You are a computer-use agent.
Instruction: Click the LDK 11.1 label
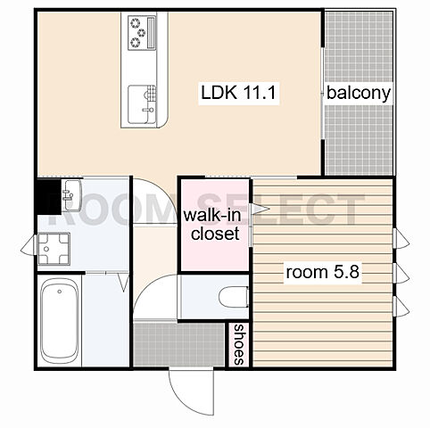(x=239, y=93)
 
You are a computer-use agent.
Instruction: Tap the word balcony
(x=359, y=93)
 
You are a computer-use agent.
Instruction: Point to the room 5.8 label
(x=323, y=272)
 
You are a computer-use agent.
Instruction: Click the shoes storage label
(x=239, y=345)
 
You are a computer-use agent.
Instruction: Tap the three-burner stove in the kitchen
(x=142, y=33)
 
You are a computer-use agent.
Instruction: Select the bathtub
(x=59, y=321)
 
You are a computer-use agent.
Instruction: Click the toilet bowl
(x=234, y=297)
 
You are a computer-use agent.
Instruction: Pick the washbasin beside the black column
(x=71, y=195)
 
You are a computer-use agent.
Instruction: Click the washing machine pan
(x=54, y=249)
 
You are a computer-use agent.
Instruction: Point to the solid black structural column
(x=49, y=196)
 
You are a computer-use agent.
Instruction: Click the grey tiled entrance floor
(x=178, y=344)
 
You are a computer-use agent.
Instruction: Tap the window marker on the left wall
(x=29, y=244)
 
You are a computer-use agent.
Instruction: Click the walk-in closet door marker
(x=260, y=209)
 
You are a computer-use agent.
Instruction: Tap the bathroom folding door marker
(x=124, y=283)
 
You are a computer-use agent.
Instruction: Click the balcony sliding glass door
(x=323, y=93)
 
